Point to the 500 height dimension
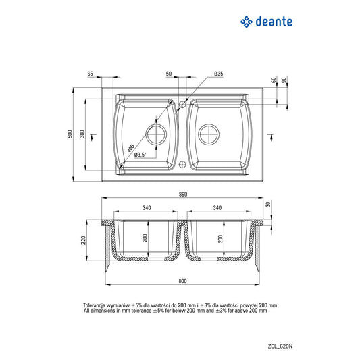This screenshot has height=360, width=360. point(70,134)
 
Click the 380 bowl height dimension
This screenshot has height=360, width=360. point(82,134)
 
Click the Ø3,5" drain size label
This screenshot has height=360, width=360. point(140,155)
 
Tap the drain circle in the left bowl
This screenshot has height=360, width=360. point(157,134)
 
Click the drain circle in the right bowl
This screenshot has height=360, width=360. point(208,134)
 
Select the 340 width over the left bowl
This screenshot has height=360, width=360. point(146,208)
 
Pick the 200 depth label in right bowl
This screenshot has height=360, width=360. point(220,238)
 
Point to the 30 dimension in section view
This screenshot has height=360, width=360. point(267,204)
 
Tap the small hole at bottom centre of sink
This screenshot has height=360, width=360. point(183,164)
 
